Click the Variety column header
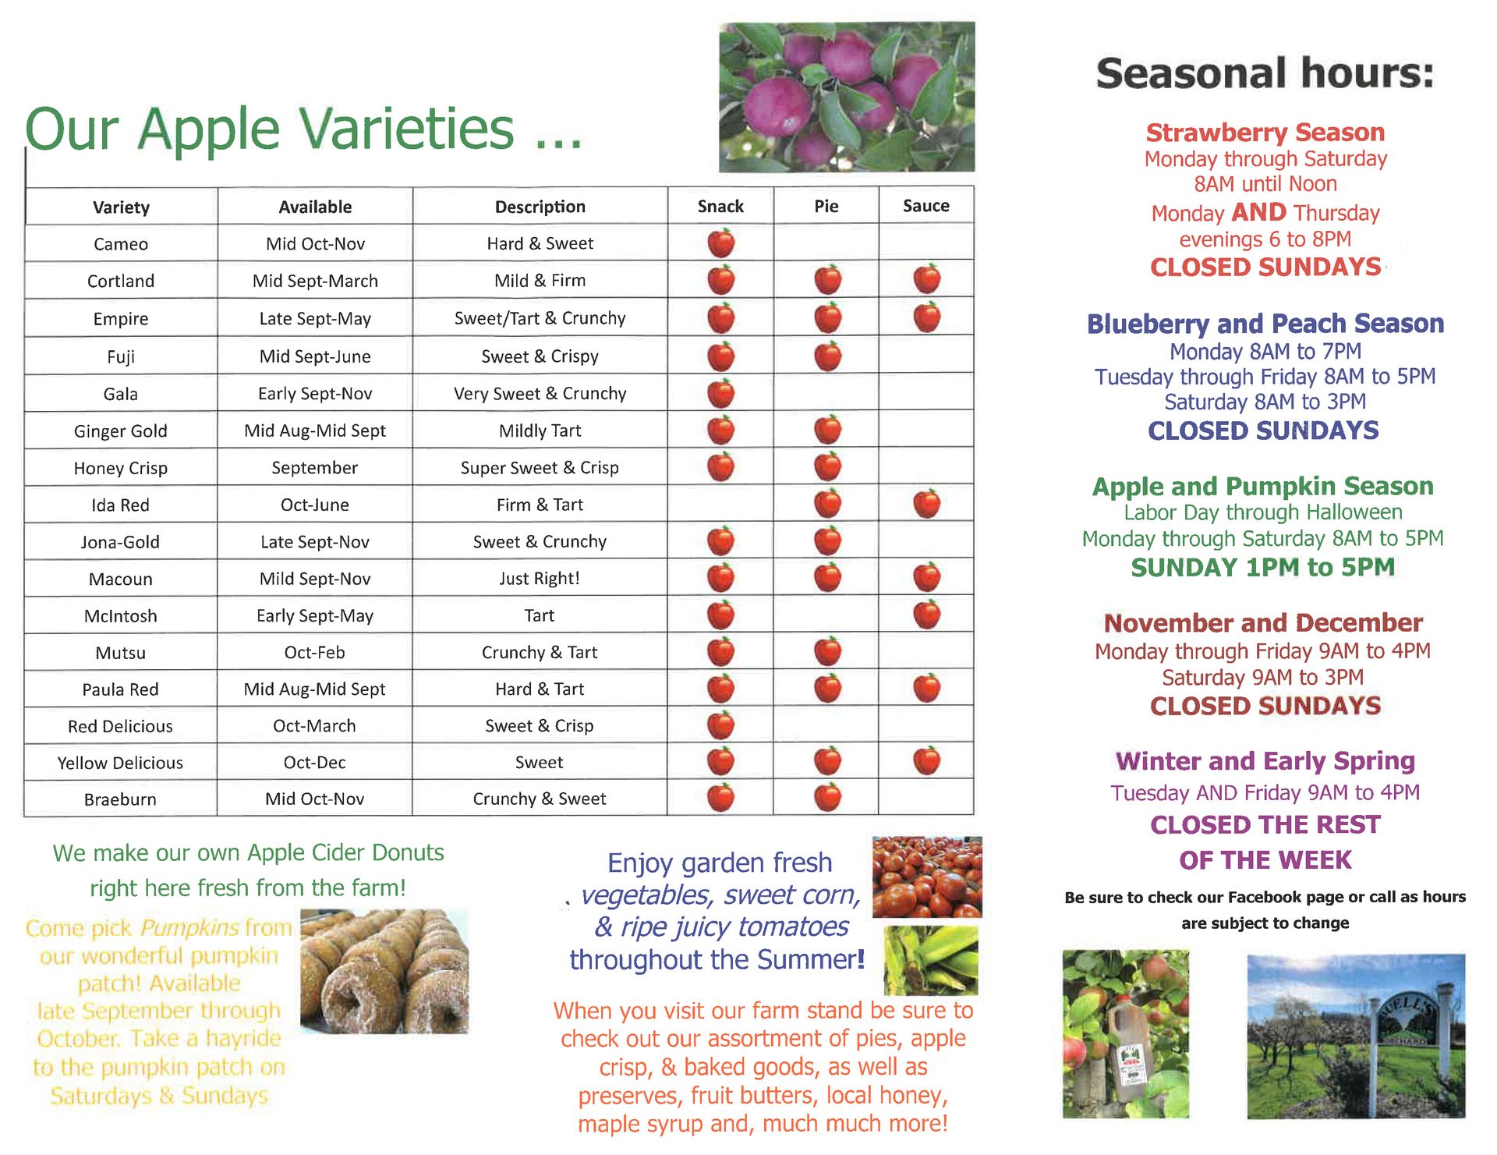[121, 207]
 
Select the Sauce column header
[926, 206]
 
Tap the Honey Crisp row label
[121, 468]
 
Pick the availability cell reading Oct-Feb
[314, 652]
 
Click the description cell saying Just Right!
[540, 578]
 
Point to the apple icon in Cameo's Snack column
[721, 243]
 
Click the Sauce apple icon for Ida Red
[926, 504]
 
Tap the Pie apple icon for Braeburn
[827, 798]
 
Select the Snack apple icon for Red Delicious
[721, 725]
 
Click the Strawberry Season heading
[1265, 133]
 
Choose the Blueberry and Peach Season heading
[1265, 324]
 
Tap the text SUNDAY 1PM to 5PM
[1262, 567]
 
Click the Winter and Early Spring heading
[1265, 760]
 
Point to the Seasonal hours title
[1265, 73]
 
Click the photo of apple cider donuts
[384, 972]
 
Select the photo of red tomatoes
[927, 877]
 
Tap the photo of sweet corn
[931, 961]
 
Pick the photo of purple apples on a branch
[847, 97]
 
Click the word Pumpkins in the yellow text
[189, 928]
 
